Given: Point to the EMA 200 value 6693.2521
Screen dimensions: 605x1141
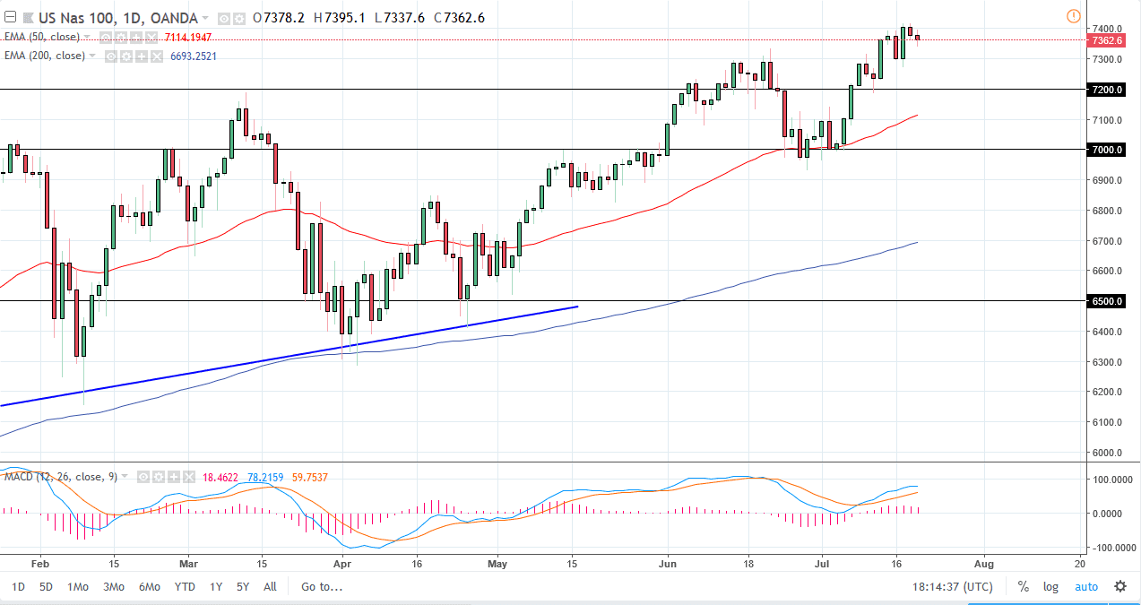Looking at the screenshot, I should click(193, 56).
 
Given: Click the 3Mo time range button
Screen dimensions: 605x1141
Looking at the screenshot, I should click(113, 587).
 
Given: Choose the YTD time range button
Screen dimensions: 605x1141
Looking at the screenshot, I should click(185, 587).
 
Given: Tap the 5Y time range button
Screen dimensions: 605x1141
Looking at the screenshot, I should click(242, 587).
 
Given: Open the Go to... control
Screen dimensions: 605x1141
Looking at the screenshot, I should click(322, 587).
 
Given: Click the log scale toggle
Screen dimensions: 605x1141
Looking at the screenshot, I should click(1050, 587).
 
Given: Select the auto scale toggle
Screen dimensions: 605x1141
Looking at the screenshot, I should click(1085, 587).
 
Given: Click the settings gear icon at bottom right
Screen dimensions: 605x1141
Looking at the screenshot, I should click(1120, 587).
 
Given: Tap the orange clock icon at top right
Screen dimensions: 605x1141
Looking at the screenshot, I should click(1074, 16).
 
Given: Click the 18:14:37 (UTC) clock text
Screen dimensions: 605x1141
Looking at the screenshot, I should click(952, 587).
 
